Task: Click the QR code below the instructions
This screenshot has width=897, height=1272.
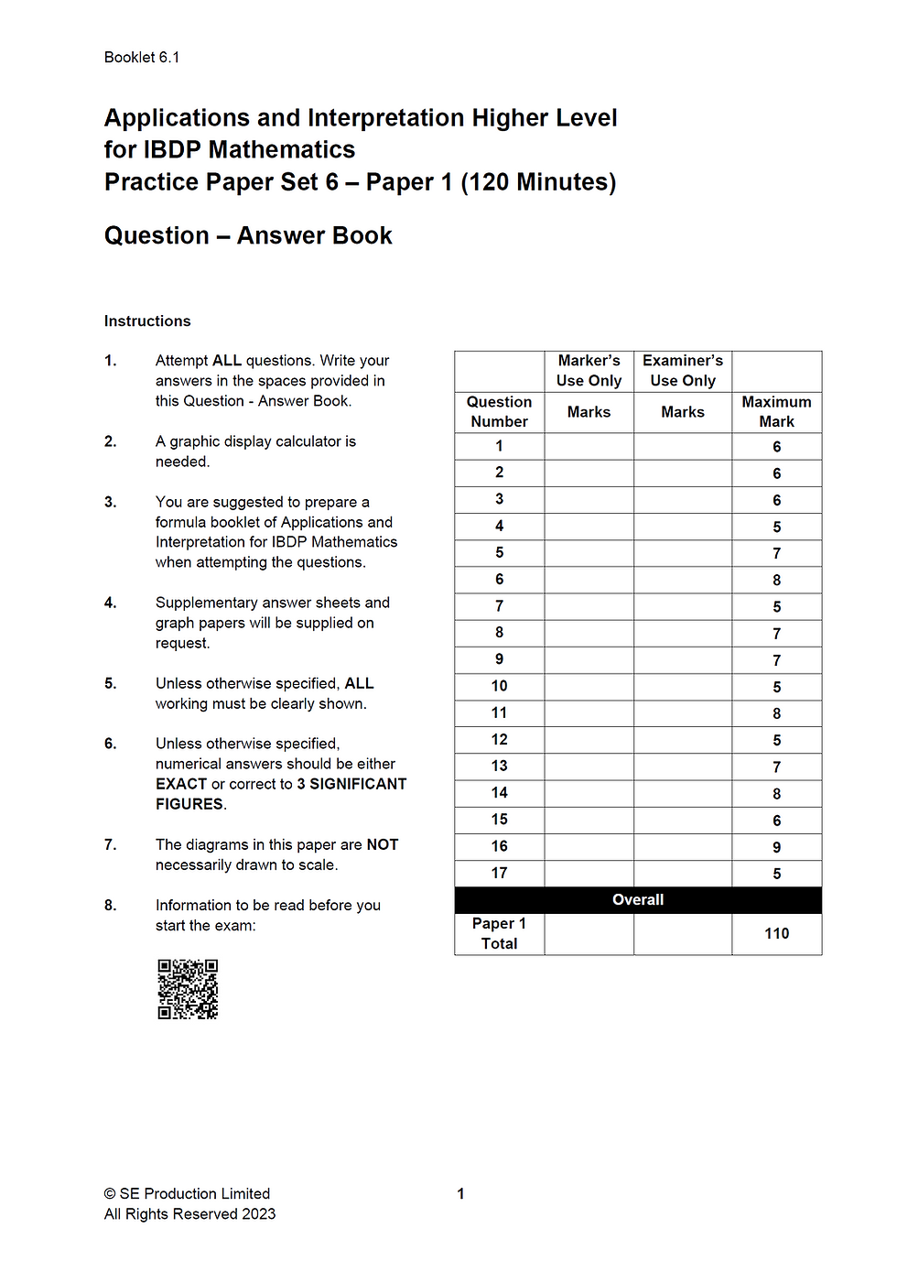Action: (x=188, y=989)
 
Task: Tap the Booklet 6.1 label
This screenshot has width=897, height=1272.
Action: (x=142, y=58)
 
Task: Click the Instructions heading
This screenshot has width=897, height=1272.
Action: (x=147, y=321)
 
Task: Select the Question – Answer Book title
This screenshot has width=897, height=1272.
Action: (x=248, y=236)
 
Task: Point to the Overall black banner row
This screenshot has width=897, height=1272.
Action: (x=638, y=900)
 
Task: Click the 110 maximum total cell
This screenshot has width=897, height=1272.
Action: (x=776, y=933)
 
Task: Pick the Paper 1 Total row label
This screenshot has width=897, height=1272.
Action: (x=499, y=933)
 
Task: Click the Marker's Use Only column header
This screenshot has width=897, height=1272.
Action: (x=589, y=371)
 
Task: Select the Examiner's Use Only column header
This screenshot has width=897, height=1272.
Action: (x=683, y=371)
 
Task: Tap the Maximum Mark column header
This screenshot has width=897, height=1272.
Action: (x=776, y=412)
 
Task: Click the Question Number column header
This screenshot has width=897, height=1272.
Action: (x=499, y=412)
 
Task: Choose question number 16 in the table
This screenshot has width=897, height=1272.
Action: (x=499, y=846)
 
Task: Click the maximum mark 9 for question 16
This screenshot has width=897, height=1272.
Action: (x=776, y=847)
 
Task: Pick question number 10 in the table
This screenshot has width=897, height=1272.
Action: (x=499, y=686)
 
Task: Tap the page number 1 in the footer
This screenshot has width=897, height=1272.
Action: (x=460, y=1194)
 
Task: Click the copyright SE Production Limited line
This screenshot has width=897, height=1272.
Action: (x=188, y=1194)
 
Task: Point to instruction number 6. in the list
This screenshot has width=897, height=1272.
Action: (x=111, y=744)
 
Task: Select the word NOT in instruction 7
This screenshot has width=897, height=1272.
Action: (x=382, y=845)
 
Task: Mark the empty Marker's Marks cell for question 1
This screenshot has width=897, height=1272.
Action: (x=589, y=446)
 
